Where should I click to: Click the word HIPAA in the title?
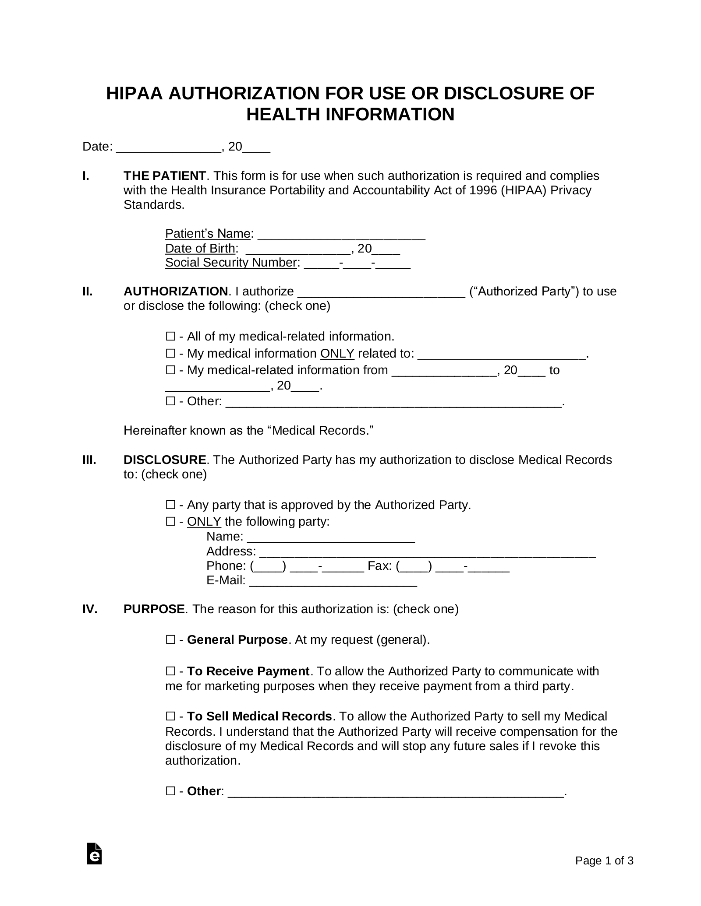coord(134,94)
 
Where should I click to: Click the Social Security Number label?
coord(231,263)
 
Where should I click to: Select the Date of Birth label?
coord(200,249)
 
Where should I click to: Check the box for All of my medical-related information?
coord(170,337)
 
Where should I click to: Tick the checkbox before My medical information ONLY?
coord(170,353)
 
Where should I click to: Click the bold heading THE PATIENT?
coord(164,176)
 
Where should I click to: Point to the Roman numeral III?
coord(89,460)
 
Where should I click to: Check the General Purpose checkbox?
coord(170,640)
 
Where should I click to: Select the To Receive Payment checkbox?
coord(170,671)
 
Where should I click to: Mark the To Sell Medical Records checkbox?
coord(170,716)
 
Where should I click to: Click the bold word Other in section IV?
coord(203,791)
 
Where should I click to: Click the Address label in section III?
coord(230,551)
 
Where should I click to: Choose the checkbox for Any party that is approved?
coord(170,505)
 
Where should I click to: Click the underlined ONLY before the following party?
coord(204,522)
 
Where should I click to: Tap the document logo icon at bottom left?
coord(94,853)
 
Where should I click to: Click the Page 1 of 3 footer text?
coord(604,861)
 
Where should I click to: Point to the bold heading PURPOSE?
coord(154,609)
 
